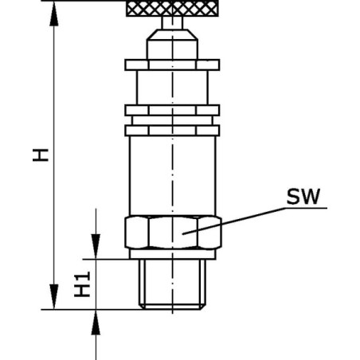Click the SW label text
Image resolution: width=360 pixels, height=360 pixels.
coord(303,197)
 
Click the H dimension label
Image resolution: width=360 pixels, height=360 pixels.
coord(41,155)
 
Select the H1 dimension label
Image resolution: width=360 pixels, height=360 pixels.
coord(82,284)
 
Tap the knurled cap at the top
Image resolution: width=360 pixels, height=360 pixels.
coord(172,9)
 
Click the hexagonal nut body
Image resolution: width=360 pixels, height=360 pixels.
coord(173,233)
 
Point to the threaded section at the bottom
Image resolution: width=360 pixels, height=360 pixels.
coord(173,284)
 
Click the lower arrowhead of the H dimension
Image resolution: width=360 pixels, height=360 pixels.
coord(54,296)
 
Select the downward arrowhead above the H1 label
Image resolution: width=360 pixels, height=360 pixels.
coord(96,246)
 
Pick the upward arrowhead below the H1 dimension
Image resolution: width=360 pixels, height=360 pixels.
coord(96,323)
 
